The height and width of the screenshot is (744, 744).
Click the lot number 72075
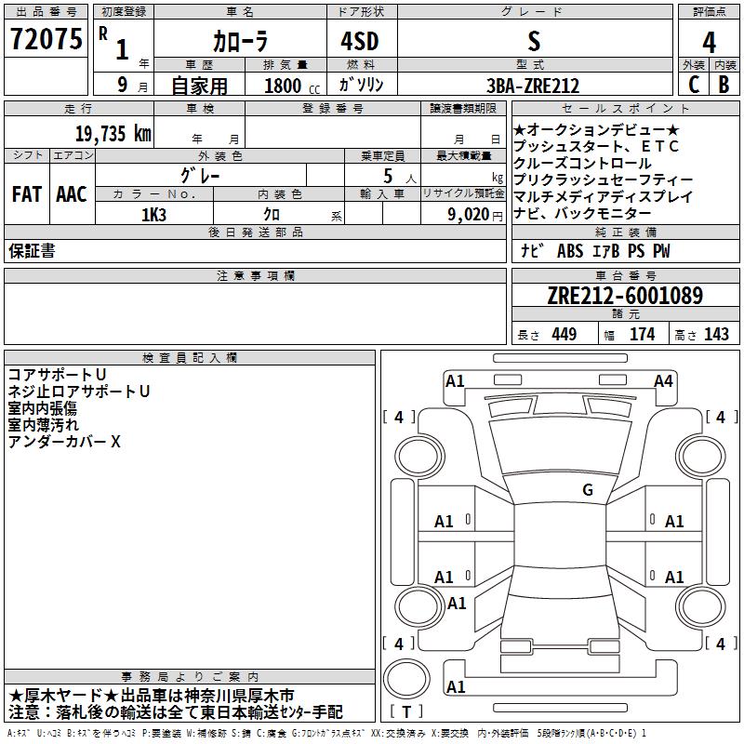point(46,39)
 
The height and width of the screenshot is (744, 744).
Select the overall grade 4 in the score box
point(709,43)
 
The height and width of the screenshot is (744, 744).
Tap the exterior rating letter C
point(693,85)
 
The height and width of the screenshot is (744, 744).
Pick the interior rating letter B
point(724,85)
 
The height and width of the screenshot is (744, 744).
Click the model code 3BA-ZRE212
point(533,86)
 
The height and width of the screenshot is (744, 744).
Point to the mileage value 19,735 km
point(113,134)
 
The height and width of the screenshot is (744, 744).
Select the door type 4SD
point(360,41)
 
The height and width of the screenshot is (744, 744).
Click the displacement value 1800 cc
point(292,86)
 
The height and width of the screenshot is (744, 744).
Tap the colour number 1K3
point(153,215)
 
